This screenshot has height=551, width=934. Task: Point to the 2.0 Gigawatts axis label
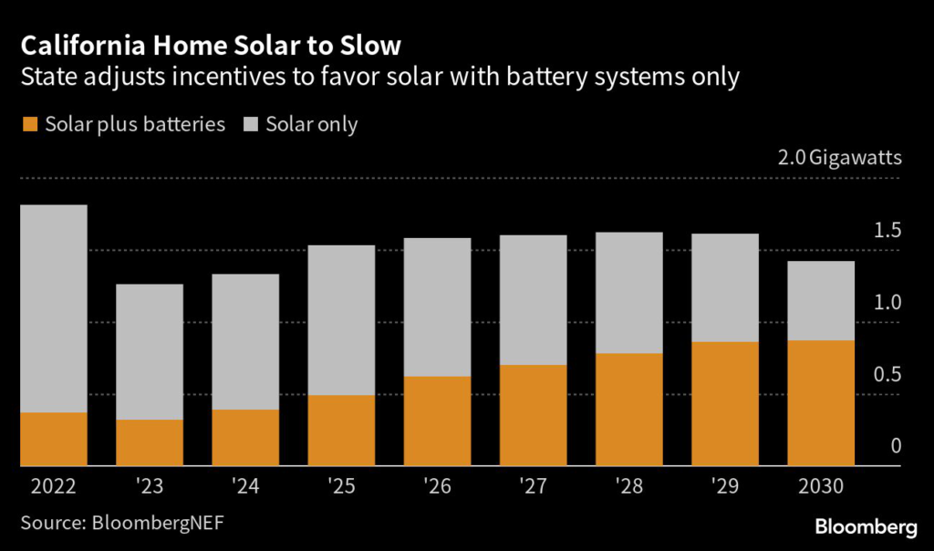tap(839, 158)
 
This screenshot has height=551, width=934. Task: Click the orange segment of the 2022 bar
tap(53, 439)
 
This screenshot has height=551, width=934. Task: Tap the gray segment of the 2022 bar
tap(53, 308)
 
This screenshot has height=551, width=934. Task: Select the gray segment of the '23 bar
tap(150, 351)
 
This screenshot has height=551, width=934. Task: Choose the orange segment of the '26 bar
tap(437, 421)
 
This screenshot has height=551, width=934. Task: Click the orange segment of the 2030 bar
tap(821, 402)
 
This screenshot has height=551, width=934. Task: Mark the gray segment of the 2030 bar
tap(821, 300)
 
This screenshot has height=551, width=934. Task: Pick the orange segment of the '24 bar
tap(245, 437)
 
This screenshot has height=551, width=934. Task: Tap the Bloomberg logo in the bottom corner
tap(865, 526)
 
